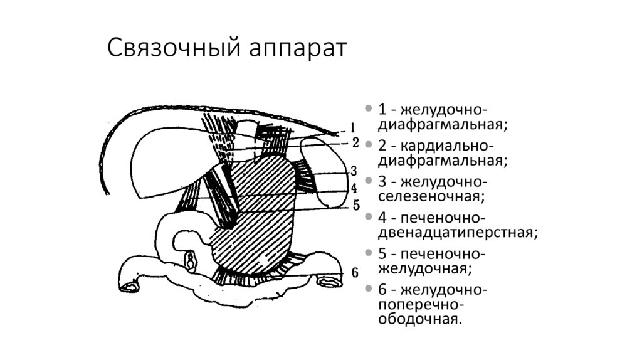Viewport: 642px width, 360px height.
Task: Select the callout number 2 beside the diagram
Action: coord(355,142)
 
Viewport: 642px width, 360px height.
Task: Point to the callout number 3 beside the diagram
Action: coord(354,171)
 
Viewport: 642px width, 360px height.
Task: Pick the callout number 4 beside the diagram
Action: coord(354,188)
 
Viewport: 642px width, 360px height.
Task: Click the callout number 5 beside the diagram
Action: coord(355,204)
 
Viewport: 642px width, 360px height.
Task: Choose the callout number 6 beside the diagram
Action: coord(355,273)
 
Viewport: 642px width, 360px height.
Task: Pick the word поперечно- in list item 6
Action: coord(419,305)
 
